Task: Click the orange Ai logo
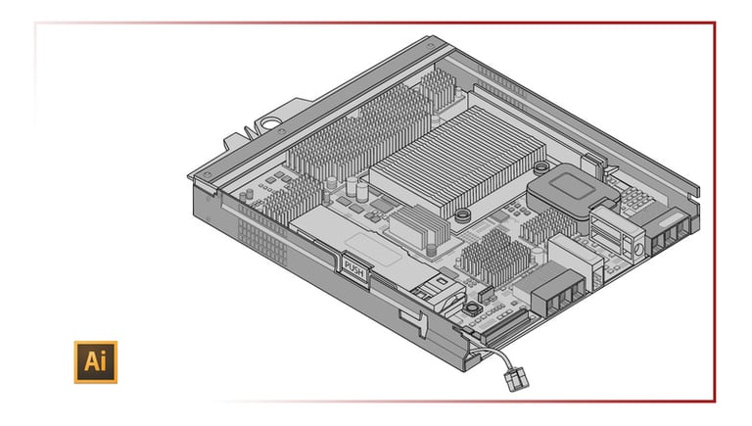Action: tap(95, 361)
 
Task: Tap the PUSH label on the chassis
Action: tap(353, 263)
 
